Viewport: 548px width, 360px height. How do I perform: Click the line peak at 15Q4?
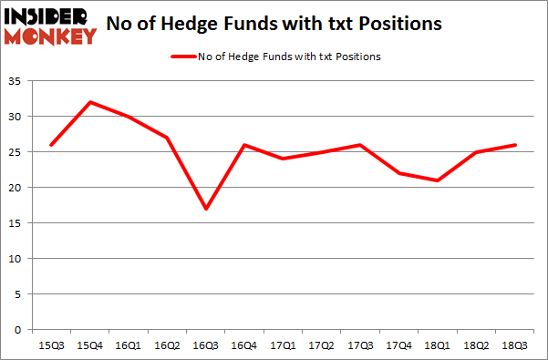[x=89, y=102]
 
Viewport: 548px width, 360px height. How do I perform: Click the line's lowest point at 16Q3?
[x=207, y=209]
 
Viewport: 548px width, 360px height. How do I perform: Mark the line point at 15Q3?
[x=50, y=145]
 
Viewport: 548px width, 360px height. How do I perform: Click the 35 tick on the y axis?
[x=17, y=82]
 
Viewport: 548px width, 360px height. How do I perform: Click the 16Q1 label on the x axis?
[x=129, y=345]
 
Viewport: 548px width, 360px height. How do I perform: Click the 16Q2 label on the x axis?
[x=168, y=345]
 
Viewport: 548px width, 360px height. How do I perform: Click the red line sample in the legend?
[x=184, y=57]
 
